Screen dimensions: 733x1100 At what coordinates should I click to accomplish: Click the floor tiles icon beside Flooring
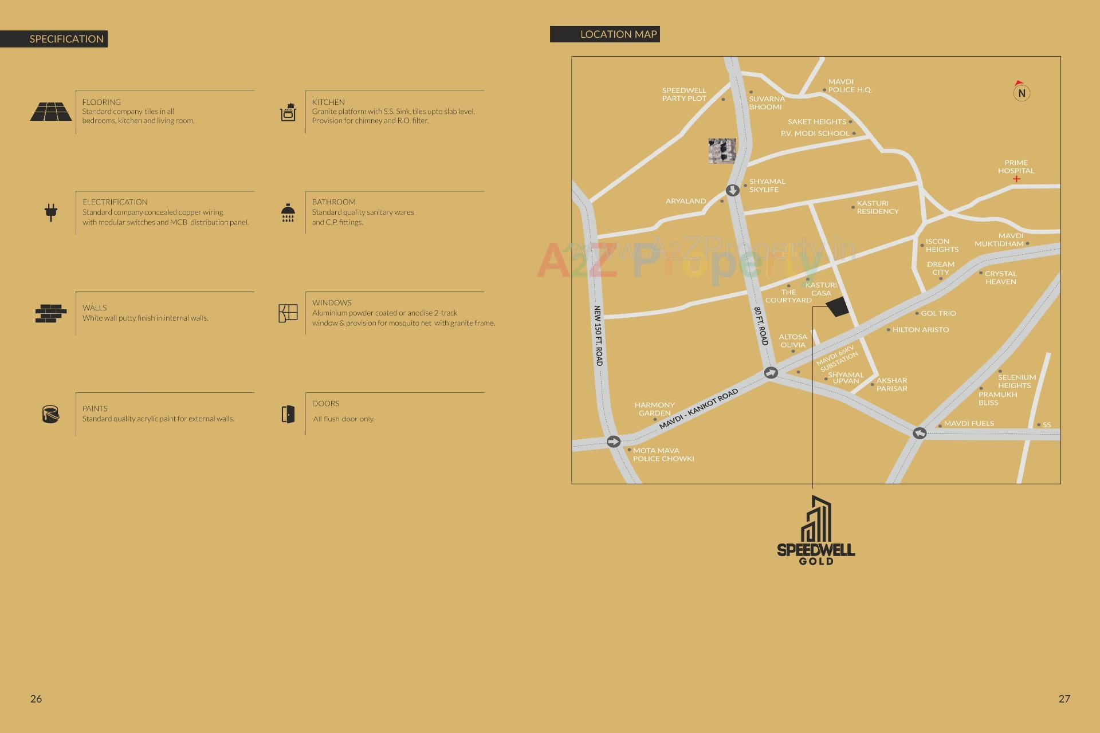click(51, 112)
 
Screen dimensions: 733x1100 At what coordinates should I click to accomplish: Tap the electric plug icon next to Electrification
click(51, 212)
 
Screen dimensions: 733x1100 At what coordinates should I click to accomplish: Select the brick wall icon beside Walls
click(51, 313)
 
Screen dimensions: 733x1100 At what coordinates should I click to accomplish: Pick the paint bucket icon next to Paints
click(50, 413)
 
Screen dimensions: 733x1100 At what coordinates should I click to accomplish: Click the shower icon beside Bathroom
click(288, 212)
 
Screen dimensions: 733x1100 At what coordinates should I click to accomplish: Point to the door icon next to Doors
click(288, 414)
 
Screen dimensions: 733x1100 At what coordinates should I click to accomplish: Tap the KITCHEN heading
click(328, 102)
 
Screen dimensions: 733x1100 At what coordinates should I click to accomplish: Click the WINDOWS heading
click(332, 303)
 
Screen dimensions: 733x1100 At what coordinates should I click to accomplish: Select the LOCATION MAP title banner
click(605, 34)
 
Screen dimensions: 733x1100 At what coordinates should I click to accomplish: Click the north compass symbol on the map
click(1021, 92)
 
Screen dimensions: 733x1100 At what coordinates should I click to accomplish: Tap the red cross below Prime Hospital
click(1016, 179)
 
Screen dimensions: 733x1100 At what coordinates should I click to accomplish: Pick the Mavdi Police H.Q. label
click(850, 86)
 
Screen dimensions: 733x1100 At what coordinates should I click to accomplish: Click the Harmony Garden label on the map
click(654, 409)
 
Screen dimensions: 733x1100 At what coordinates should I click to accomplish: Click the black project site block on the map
click(837, 307)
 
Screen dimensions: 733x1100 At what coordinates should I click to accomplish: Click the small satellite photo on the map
click(722, 151)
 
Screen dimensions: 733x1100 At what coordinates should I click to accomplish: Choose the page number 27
click(1064, 699)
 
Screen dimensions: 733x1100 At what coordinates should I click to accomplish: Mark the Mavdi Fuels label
click(969, 424)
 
